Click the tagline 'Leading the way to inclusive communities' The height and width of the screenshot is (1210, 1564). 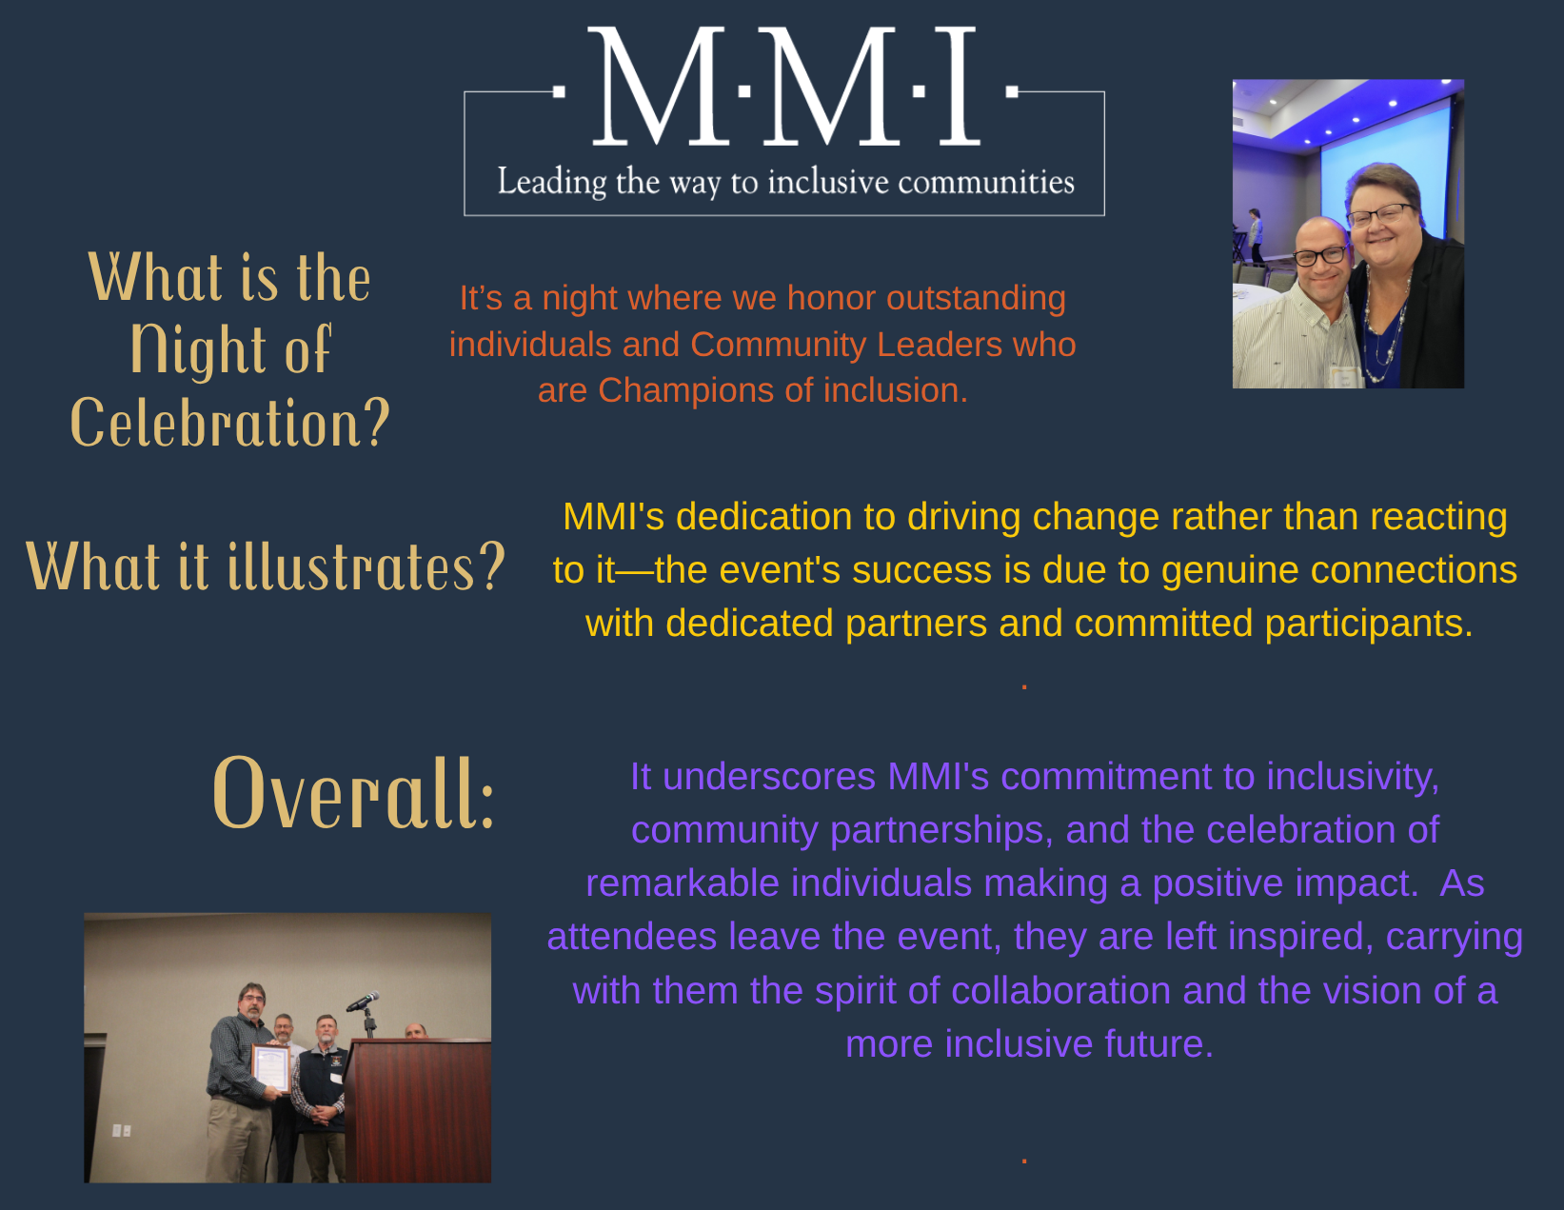coord(785,182)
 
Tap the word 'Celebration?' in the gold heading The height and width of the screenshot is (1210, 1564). coord(230,424)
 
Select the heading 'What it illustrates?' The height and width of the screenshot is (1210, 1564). coord(266,567)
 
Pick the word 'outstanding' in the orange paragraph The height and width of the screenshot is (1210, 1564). coord(976,298)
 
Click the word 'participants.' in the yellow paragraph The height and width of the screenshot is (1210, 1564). coord(1369,624)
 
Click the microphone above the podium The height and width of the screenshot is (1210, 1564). coord(363,1001)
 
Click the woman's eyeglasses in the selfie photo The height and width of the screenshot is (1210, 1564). coord(1380,214)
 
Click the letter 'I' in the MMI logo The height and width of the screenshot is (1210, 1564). coord(960,86)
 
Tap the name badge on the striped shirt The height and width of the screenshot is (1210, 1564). coord(1344,376)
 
